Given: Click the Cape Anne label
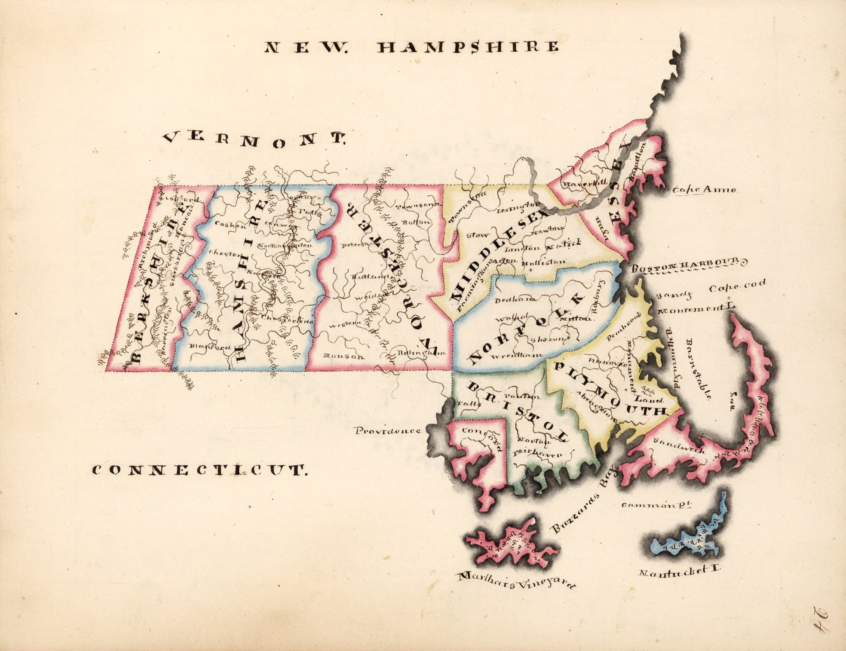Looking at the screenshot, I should coord(703,190).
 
